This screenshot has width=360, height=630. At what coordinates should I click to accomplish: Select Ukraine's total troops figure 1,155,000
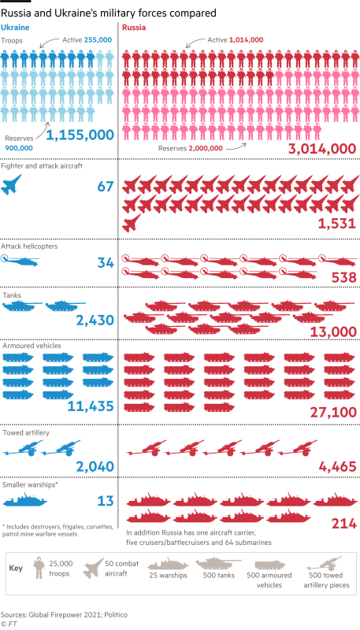click(x=80, y=135)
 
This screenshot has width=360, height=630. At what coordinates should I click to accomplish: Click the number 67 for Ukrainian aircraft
click(x=106, y=187)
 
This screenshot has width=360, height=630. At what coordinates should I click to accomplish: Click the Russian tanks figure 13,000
click(x=328, y=332)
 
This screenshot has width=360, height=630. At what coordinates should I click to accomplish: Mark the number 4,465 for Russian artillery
click(x=337, y=468)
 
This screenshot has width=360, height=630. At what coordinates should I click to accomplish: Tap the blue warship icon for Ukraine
click(x=26, y=500)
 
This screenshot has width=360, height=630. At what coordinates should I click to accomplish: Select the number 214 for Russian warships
click(x=343, y=524)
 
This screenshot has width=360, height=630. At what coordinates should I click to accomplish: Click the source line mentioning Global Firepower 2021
click(x=64, y=613)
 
